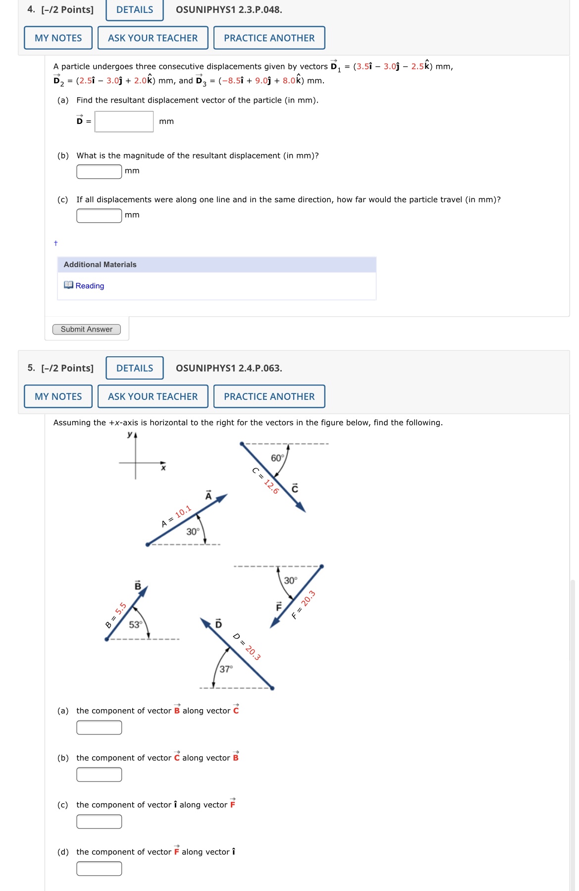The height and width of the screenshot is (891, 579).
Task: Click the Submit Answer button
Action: tap(87, 330)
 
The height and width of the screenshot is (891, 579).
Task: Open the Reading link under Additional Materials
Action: tap(90, 286)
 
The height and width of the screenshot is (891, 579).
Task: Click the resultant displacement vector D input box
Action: tap(124, 121)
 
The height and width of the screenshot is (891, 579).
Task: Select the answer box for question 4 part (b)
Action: tap(99, 171)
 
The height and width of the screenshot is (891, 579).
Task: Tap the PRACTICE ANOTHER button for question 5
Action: tap(269, 396)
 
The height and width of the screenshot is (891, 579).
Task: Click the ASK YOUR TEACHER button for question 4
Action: tap(153, 38)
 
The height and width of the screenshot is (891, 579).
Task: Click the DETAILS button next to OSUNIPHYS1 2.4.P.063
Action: tap(135, 368)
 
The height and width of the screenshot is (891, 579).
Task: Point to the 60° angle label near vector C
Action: tap(277, 458)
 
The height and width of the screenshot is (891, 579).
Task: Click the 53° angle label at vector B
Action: tap(135, 625)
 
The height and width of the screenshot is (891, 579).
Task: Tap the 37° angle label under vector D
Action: tap(226, 669)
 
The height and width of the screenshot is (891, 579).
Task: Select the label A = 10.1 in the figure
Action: tap(176, 516)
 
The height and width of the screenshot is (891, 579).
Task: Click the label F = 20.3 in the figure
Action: tap(304, 605)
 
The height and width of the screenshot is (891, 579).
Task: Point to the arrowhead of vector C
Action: tap(301, 507)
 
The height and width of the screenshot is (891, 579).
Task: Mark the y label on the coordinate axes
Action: tap(130, 435)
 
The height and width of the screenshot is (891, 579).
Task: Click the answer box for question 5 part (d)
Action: tap(99, 869)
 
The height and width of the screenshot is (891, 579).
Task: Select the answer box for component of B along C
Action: tap(99, 727)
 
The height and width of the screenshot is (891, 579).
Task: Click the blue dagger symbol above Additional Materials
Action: tap(55, 243)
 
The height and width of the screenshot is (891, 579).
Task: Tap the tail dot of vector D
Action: tap(272, 688)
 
